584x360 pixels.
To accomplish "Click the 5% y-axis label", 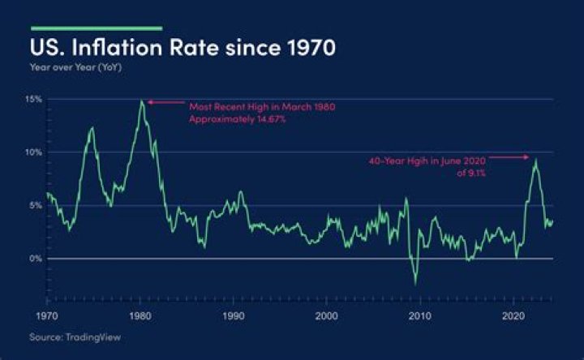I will click(x=35, y=205).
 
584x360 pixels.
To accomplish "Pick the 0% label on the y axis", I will click(x=35, y=259).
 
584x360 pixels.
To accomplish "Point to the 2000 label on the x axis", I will click(x=326, y=315).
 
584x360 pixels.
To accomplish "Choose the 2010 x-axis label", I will click(x=419, y=315).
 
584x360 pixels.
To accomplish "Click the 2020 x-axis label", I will click(x=513, y=315).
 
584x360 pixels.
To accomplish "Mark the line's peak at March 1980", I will click(x=142, y=101).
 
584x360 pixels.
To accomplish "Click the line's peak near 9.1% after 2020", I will click(x=535, y=159).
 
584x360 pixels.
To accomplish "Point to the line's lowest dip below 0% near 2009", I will click(x=415, y=284).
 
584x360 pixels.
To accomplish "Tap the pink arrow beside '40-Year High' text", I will click(x=511, y=157).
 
